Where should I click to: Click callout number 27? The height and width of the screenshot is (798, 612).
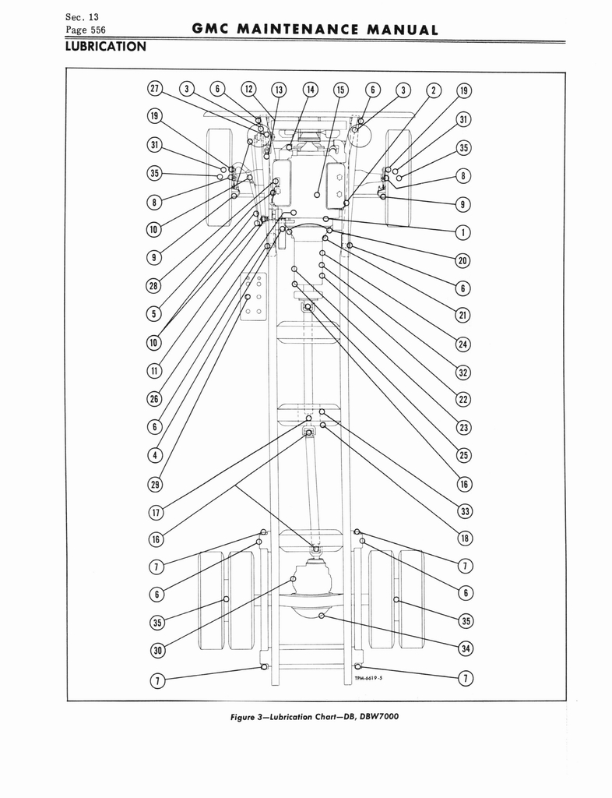154,89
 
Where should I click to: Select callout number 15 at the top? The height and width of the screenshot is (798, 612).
340,90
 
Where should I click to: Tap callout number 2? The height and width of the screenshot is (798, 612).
434,90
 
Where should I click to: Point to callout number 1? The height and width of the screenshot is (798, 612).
463,232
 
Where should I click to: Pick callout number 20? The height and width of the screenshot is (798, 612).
463,261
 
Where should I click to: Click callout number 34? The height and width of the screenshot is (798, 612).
466,648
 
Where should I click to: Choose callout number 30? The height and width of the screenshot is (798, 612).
157,651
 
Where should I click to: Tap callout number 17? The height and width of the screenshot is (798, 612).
156,512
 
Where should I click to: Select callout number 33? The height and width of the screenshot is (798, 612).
465,511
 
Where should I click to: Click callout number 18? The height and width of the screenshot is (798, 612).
465,538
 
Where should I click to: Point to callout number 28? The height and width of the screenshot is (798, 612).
153,285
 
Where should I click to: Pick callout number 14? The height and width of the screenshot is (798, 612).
310,90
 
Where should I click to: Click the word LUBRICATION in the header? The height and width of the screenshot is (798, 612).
106,47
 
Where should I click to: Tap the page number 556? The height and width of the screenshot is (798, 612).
95,30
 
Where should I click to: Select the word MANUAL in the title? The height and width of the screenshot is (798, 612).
402,30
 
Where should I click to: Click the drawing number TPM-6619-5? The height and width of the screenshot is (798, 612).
369,679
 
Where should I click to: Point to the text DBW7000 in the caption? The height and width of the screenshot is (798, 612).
378,717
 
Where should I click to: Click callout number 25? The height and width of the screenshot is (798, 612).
463,455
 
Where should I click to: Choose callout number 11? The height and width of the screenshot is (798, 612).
154,371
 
